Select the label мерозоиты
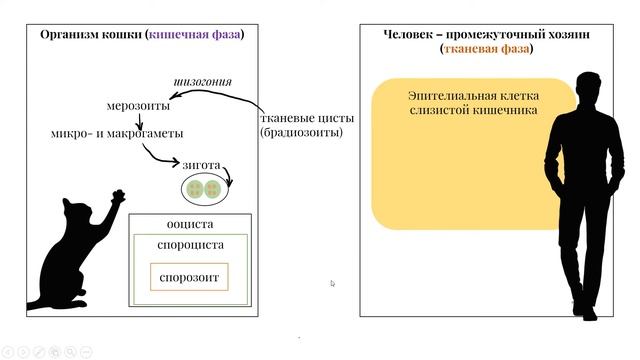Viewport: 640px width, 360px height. pos(138,105)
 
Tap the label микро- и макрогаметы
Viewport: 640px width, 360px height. pos(117,133)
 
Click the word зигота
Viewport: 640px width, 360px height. pos(201,163)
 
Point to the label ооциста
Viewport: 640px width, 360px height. pos(189,224)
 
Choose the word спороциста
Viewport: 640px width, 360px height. pos(190,245)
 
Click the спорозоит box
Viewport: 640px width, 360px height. pos(189,277)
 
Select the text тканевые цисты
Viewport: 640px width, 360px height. pos(302,116)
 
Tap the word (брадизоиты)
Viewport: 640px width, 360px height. pos(301,132)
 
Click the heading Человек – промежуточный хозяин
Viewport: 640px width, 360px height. pos(486,34)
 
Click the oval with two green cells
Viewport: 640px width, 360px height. pos(203,187)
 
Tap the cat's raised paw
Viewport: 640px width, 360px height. pos(119,194)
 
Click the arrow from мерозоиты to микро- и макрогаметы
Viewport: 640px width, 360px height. pos(139,120)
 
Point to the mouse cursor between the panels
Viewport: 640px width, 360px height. pos(332,283)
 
